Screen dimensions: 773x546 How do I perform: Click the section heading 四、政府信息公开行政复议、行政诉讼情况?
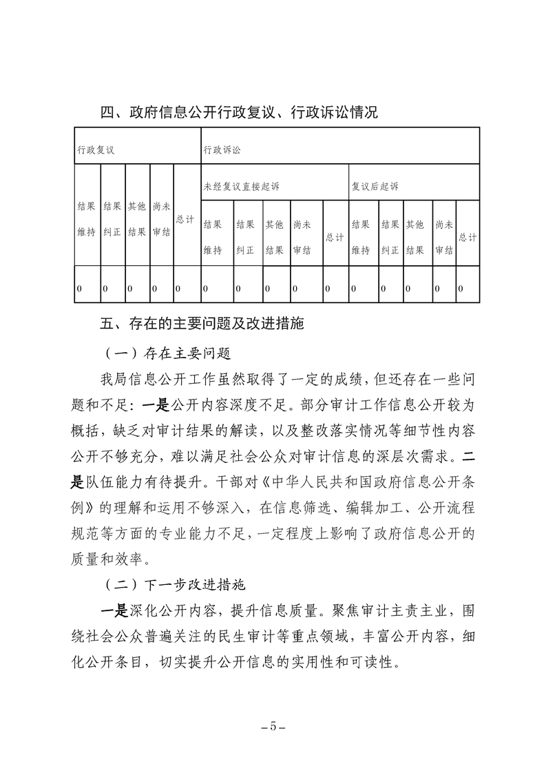[x=239, y=112]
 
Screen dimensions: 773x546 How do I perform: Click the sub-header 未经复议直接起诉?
[x=242, y=186]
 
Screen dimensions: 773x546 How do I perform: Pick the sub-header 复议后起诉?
[x=375, y=186]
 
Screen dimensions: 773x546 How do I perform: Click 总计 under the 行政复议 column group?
[x=185, y=219]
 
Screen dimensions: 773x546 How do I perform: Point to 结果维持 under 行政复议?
[x=86, y=219]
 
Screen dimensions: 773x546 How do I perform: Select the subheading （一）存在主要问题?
[x=167, y=354]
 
